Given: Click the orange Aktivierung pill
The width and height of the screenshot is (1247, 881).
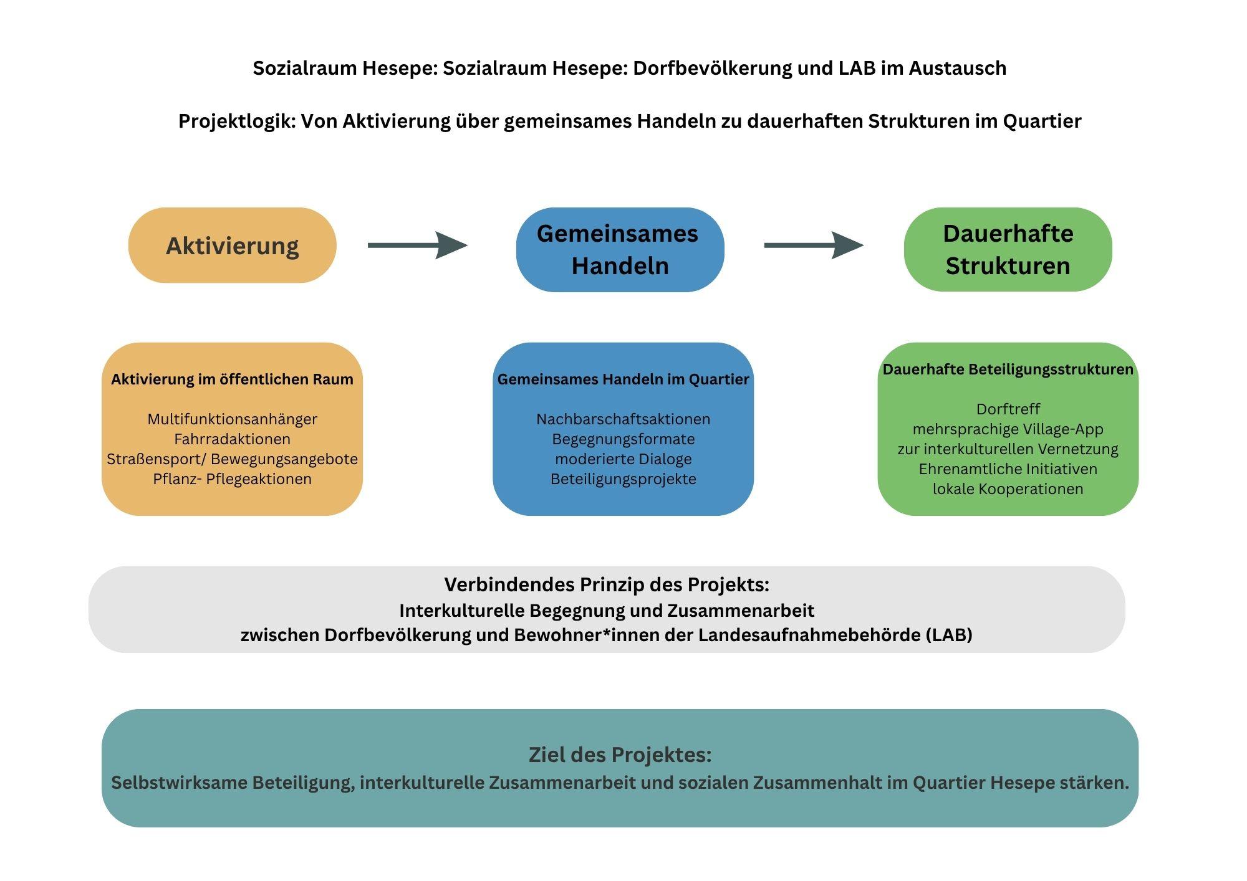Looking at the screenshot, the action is point(233,245).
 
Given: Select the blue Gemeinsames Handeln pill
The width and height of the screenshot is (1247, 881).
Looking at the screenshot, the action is point(620,249).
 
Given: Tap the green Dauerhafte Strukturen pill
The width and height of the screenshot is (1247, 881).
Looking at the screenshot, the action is point(1008,249).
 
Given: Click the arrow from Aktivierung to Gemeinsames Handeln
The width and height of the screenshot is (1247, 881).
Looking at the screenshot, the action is point(418,245).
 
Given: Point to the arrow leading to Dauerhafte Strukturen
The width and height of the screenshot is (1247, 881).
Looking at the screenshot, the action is point(814,245).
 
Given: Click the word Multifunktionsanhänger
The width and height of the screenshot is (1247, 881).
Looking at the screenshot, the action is point(233,419).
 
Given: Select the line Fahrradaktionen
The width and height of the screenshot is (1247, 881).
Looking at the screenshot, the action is point(233,439).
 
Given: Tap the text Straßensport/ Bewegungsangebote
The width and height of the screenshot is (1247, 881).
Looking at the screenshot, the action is point(233,459).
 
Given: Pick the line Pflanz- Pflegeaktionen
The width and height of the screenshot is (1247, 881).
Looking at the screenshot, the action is point(233,479).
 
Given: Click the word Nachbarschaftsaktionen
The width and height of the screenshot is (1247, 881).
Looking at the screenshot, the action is point(623,419).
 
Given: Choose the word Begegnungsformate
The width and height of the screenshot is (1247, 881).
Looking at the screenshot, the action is point(623,439).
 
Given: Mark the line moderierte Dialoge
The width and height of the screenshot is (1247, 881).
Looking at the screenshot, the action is point(623,459).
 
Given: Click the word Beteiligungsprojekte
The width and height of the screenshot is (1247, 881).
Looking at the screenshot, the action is point(623,479).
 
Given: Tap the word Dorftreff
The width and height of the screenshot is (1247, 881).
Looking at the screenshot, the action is point(1008,409).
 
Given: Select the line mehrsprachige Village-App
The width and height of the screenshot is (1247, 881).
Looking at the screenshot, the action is point(1008,429).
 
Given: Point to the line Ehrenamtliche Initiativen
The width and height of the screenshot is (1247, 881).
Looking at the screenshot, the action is point(1008,469).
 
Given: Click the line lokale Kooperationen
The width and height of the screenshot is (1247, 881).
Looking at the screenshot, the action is point(1008,489).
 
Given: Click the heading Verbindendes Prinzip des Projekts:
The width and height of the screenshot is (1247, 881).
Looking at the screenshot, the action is point(607,585).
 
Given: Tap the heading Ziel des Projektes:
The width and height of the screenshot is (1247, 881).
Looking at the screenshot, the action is point(620,755).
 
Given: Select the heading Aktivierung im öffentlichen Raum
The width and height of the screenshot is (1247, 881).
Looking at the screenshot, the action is point(233,379).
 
